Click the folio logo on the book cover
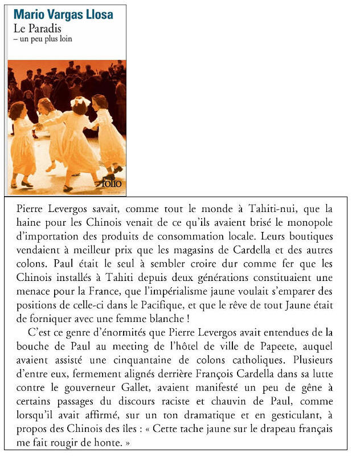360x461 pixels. pyautogui.click(x=112, y=183)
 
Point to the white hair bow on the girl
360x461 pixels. pyautogui.click(x=80, y=101)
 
